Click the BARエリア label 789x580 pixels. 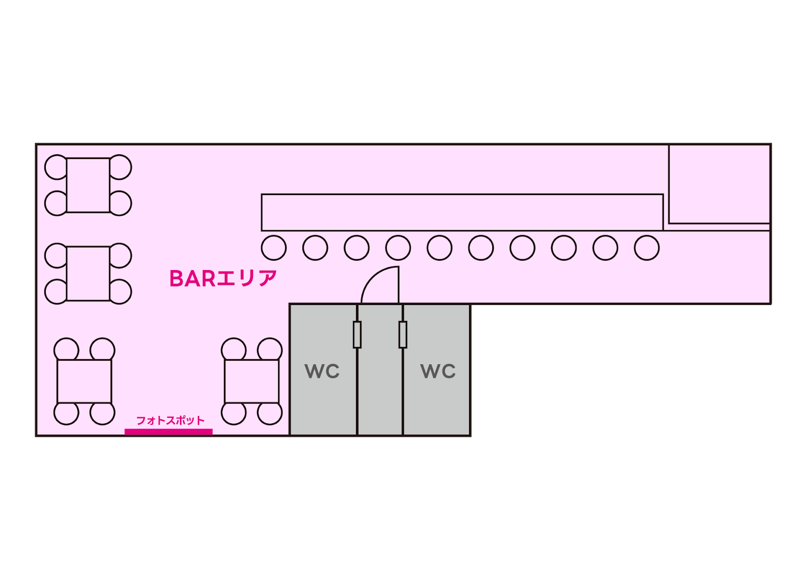pos(223,279)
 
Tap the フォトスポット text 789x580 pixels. pos(170,420)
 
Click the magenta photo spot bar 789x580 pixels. pos(169,432)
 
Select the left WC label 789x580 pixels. pos(323,371)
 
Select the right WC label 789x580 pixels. pos(438,371)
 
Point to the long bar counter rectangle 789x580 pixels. pos(462,212)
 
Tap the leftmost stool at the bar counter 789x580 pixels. pos(274,247)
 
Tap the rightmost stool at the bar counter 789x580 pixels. pos(646,247)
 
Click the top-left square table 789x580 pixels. pos(88,185)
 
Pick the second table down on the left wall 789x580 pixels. pos(88,273)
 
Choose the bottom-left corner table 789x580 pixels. pos(84,381)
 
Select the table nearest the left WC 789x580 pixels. pos(251,381)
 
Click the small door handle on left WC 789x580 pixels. pos(357,335)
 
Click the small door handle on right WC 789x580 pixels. pos(403,335)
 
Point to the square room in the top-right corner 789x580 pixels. pos(719,184)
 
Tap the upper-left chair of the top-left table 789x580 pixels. pos(56,167)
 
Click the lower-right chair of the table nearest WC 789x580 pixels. pos(270,413)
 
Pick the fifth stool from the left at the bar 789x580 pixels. pos(439,247)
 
